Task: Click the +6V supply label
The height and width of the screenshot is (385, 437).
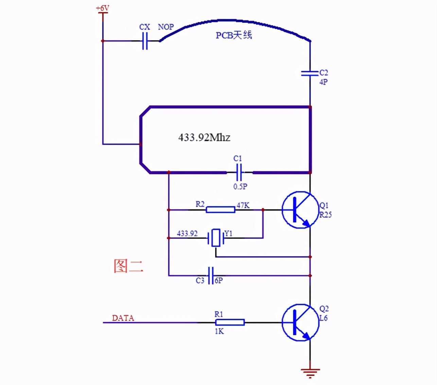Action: [103, 7]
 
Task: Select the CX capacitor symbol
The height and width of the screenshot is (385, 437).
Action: [145, 41]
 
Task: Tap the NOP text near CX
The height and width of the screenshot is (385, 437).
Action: [166, 27]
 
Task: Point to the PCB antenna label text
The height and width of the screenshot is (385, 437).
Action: [234, 35]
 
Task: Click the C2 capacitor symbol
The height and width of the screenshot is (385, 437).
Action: [310, 73]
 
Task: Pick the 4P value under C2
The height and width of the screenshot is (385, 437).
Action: [323, 82]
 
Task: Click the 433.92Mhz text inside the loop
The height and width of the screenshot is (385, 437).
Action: [204, 137]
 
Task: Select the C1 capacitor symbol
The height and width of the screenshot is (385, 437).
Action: [239, 172]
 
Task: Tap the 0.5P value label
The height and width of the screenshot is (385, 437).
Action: [240, 186]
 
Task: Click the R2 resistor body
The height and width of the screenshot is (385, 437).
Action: [220, 210]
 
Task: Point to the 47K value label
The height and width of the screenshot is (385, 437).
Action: [243, 205]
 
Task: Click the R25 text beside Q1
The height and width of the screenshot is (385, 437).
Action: [325, 215]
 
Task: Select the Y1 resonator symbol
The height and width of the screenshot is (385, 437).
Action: [215, 238]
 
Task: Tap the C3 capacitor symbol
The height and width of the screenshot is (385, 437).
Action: [211, 275]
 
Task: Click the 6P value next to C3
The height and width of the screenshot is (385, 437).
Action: [218, 281]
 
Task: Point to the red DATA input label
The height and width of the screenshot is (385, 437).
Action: [123, 318]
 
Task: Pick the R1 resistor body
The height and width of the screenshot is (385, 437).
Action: [230, 323]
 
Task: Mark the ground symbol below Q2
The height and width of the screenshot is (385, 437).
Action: [310, 373]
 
